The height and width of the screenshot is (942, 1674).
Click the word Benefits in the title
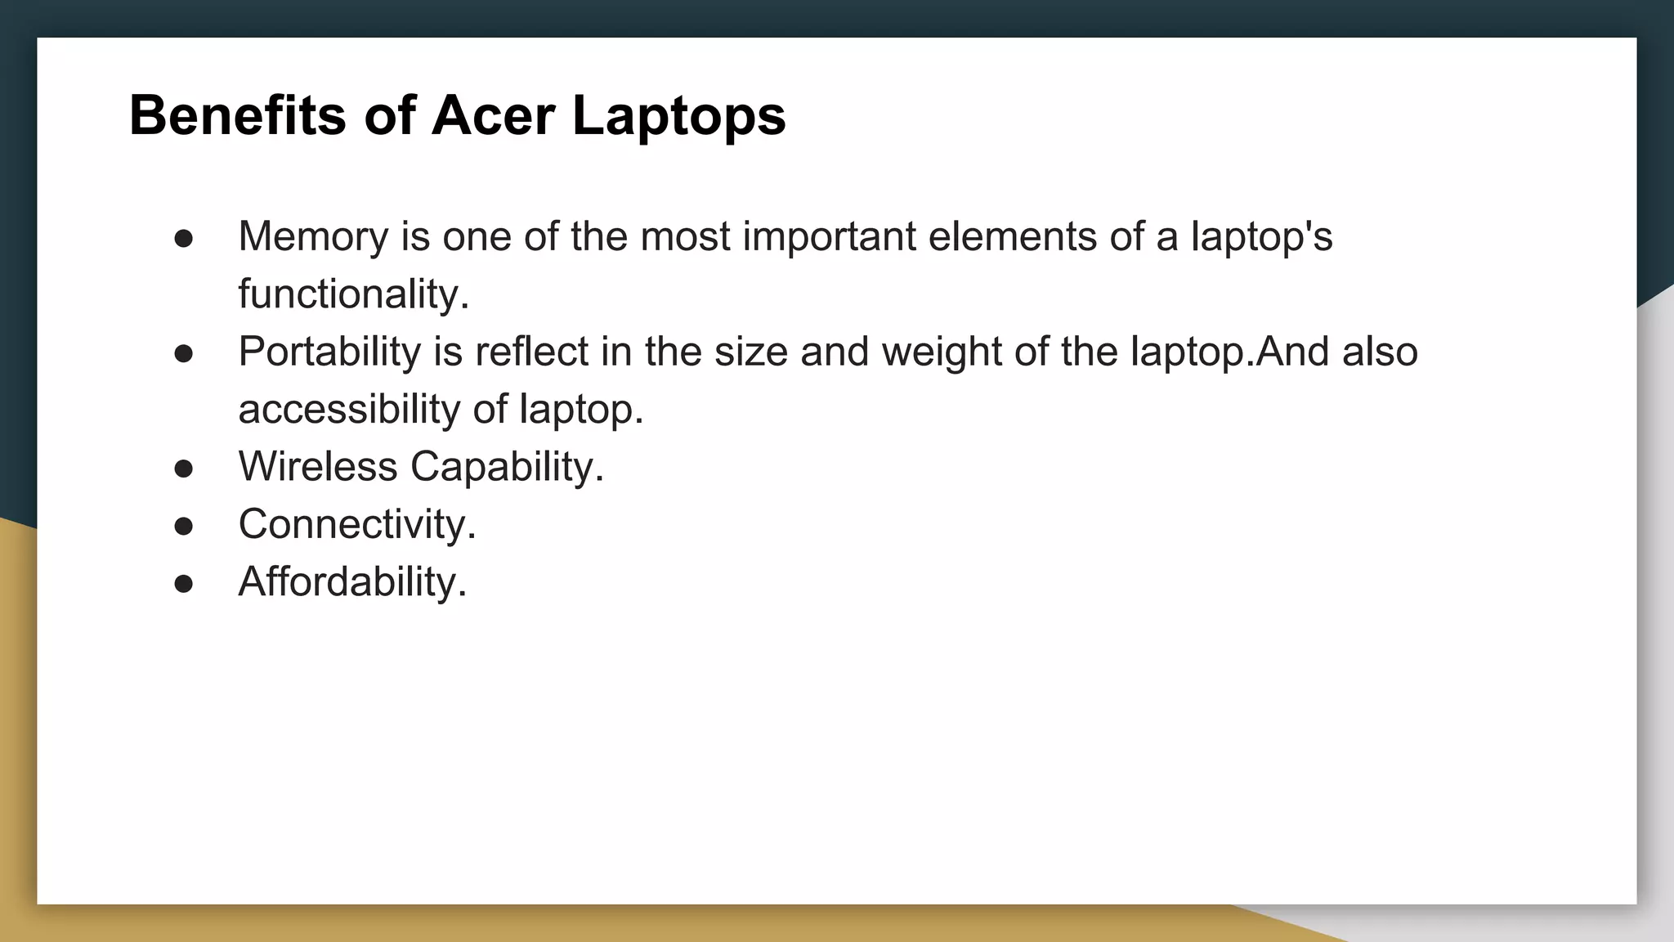pos(238,115)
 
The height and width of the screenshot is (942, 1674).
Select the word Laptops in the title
pos(678,115)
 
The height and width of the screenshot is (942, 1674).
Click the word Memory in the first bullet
pos(313,236)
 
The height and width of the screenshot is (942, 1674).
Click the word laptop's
pos(1261,236)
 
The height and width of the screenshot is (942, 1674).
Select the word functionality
pos(353,294)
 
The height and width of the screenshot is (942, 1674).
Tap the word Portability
pos(329,352)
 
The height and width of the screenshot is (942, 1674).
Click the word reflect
pos(531,352)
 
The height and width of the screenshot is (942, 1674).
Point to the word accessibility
pos(349,409)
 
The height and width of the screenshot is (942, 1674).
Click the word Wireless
pos(318,467)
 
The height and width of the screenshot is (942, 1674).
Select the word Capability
pos(507,467)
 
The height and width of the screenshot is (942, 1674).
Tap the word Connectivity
pos(356,524)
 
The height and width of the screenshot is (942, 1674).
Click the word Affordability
pos(352,582)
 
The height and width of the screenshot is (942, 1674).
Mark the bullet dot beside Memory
pos(184,239)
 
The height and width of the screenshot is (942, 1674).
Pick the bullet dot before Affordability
pos(184,584)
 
